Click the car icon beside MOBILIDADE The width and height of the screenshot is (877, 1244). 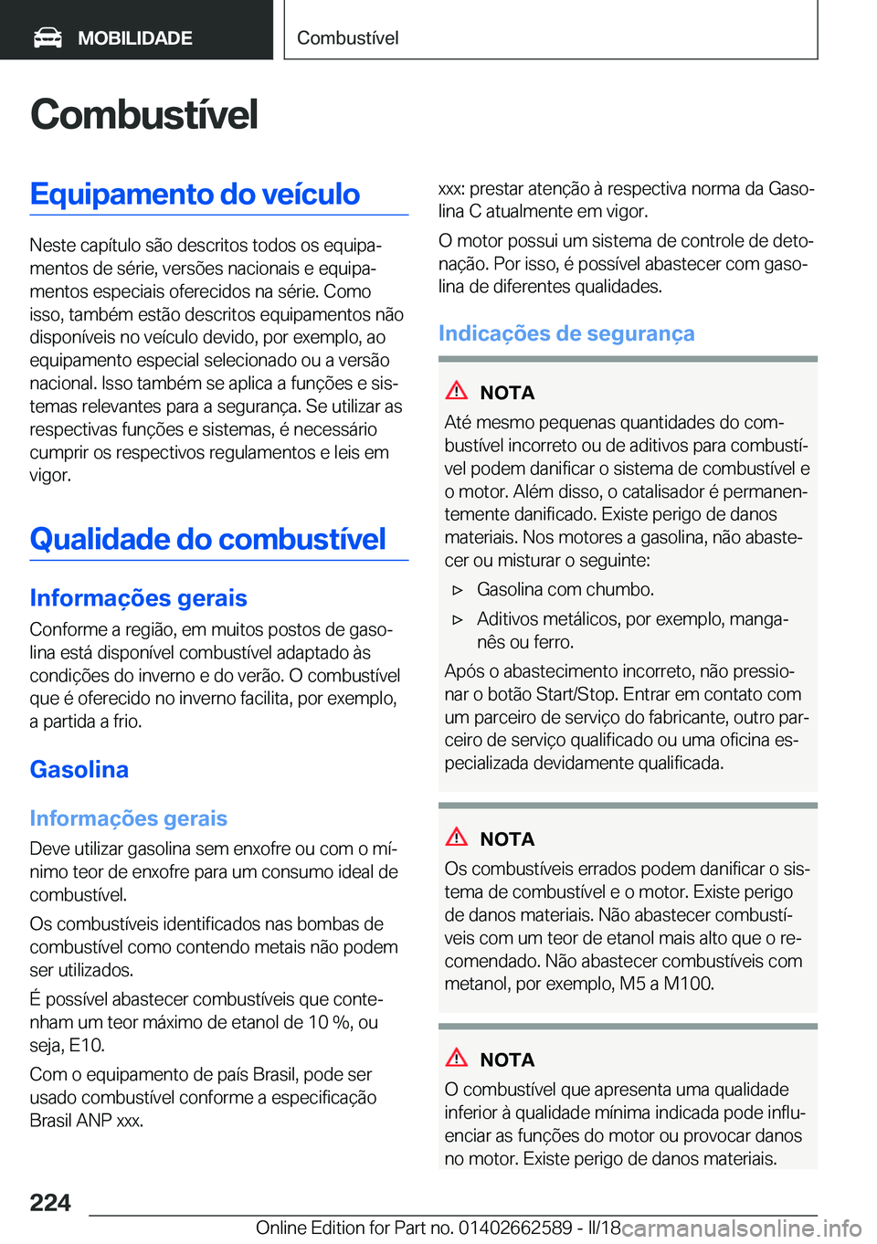(x=48, y=37)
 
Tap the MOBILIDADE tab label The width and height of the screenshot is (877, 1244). (x=134, y=38)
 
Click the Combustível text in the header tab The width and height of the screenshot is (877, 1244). (x=347, y=38)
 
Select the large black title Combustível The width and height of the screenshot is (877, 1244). (x=143, y=115)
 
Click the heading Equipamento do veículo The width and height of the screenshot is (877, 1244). (x=195, y=194)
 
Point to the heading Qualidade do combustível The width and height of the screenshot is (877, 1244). (x=207, y=539)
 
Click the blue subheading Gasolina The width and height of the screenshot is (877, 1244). (x=79, y=769)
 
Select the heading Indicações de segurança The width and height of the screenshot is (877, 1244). (x=565, y=333)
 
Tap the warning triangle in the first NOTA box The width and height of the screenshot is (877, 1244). (x=457, y=391)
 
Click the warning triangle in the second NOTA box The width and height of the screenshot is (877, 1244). (x=457, y=837)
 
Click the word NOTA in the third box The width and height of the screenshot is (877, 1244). (x=507, y=1060)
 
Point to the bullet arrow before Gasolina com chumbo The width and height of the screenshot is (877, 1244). (x=459, y=590)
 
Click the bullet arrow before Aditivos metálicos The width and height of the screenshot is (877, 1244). (x=459, y=619)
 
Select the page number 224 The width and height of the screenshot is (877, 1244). (x=50, y=1202)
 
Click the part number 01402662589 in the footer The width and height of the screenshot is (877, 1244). (x=515, y=1228)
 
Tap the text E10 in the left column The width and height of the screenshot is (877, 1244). (x=87, y=1045)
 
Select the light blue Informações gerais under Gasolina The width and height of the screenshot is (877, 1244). (x=128, y=818)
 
